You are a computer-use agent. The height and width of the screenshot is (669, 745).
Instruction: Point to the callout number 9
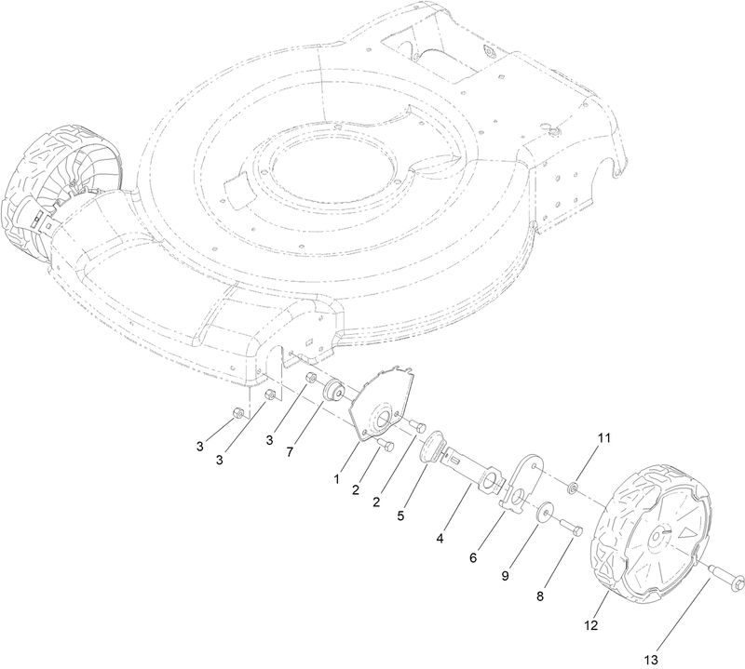tap(507, 576)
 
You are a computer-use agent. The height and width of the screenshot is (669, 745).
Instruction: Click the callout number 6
tap(473, 557)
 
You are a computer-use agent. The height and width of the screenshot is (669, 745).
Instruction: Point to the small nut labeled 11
tap(575, 488)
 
